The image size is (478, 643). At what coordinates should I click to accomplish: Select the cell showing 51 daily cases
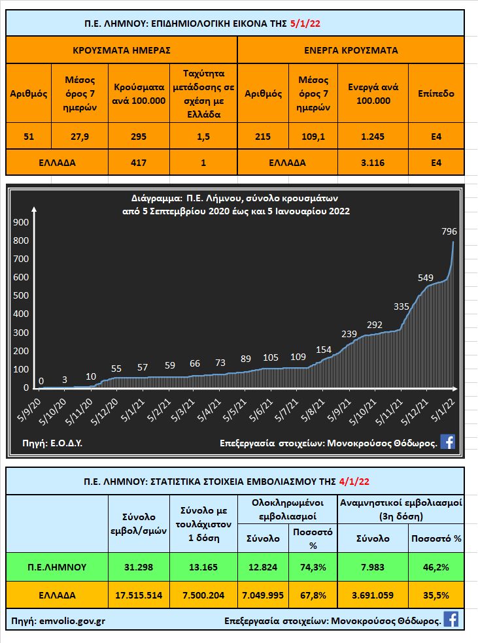28,137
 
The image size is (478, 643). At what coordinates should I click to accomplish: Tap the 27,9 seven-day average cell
80,137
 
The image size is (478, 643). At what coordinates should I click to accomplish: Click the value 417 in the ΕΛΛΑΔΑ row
139,162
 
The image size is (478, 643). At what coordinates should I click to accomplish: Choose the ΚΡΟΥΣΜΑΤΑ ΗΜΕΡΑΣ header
121,50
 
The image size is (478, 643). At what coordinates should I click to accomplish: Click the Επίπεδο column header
435,93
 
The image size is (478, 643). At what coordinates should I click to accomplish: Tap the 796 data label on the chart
449,231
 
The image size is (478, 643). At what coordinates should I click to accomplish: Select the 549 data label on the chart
426,277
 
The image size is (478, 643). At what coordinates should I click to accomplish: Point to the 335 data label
401,306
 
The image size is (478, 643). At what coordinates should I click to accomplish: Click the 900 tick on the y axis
22,222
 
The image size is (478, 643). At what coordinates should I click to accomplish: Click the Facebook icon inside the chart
447,442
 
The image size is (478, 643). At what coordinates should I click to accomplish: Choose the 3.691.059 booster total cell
373,595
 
